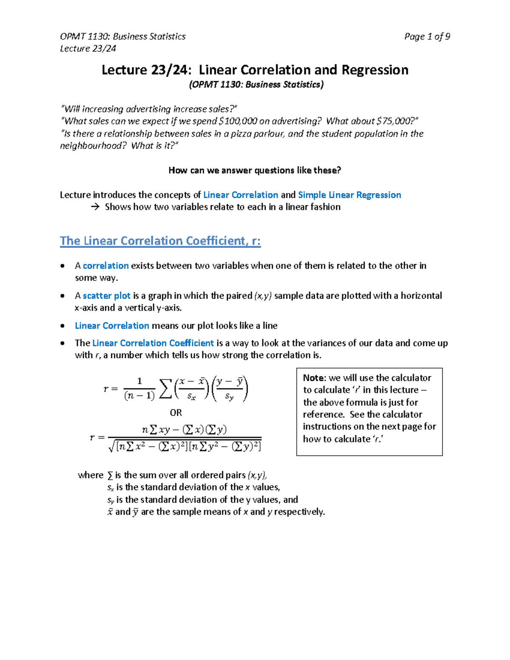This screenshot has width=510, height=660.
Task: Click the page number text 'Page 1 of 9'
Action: coord(427,37)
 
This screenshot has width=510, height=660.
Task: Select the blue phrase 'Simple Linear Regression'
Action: coord(349,195)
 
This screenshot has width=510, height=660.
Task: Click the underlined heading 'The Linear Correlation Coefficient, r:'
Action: coord(160,241)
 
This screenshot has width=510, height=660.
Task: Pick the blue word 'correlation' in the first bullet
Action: coord(105,266)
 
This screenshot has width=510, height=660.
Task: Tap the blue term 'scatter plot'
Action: coord(106,296)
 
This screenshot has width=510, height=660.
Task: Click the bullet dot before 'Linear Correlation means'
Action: coord(63,326)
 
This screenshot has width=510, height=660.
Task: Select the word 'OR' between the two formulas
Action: coord(176,413)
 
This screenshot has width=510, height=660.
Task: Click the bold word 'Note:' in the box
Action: coord(314,378)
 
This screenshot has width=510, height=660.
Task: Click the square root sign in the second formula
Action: coord(112,446)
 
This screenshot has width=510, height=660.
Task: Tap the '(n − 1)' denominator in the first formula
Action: coord(139,396)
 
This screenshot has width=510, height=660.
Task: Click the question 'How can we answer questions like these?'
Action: coord(255,170)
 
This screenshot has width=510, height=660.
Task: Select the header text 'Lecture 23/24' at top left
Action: coord(88,48)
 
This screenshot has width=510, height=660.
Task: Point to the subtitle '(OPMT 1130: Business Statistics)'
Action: coord(256,85)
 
